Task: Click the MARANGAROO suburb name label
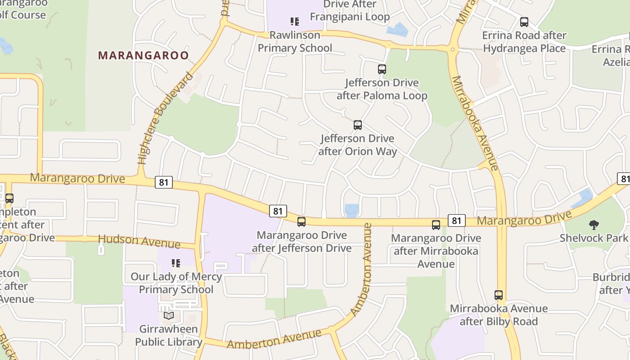coord(143,55)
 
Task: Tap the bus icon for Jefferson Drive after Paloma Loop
coord(382,69)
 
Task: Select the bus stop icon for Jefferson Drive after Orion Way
coord(358,125)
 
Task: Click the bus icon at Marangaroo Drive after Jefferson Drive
coord(301,221)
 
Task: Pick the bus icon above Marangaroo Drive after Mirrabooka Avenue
coord(436,225)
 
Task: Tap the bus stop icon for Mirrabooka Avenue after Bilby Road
coord(499,295)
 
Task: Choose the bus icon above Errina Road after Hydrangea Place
coord(524,22)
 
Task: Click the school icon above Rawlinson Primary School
coord(295,21)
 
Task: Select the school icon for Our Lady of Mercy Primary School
coord(176,263)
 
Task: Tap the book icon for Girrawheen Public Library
coord(169,316)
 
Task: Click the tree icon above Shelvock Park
coord(594,225)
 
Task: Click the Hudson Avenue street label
coord(139,241)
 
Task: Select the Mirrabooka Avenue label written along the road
coord(474,123)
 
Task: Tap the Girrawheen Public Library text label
coord(169,336)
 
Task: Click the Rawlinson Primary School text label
coord(295,41)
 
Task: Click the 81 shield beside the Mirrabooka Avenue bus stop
coord(456,220)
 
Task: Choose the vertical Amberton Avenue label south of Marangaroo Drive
coord(362,270)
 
